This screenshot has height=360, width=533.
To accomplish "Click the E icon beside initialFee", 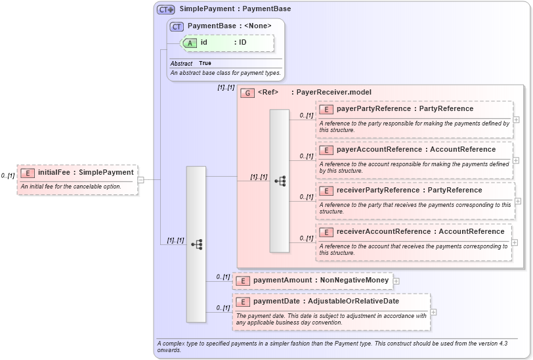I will point(28,173).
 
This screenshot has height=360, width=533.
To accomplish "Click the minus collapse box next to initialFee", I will point(140,179).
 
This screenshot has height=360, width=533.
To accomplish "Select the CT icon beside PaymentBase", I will point(177,26).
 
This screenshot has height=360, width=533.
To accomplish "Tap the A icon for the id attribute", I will point(190,43).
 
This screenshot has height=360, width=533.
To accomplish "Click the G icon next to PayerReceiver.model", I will point(247,93).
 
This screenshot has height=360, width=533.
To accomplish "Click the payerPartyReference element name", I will point(368,109).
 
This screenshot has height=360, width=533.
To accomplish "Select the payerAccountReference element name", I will point(368,150).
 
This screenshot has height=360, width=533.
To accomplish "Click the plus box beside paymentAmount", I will point(396,281).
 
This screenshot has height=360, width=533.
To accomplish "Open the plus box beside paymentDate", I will point(433,312).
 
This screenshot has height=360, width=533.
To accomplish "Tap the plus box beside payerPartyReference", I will point(517,120).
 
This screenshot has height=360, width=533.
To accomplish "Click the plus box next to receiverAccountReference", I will point(517,242).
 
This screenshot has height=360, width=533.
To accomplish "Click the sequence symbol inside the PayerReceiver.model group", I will point(280,181).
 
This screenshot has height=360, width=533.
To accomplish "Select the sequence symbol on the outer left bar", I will point(196,244).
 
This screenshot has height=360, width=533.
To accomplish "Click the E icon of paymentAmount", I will point(243,281).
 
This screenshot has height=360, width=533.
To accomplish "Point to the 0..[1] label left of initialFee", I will point(8,176).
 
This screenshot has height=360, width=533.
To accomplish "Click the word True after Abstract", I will point(205,64).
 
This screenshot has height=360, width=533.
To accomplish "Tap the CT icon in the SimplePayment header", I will point(165,9).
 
